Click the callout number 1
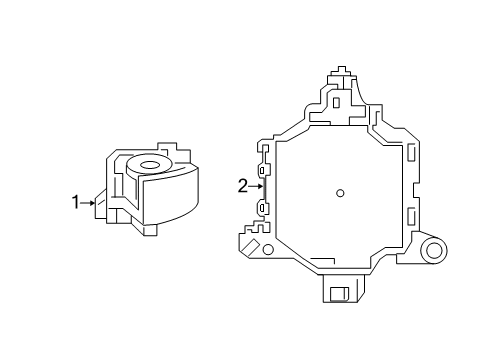click(76, 202)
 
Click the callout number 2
click(241, 184)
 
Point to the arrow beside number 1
click(90, 202)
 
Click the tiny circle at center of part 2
click(340, 193)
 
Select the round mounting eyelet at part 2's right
click(433, 252)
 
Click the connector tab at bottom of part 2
click(339, 288)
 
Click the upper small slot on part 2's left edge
click(263, 172)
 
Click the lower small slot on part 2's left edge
click(263, 209)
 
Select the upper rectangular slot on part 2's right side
click(412, 152)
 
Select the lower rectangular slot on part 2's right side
click(412, 214)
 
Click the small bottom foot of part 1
click(150, 231)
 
